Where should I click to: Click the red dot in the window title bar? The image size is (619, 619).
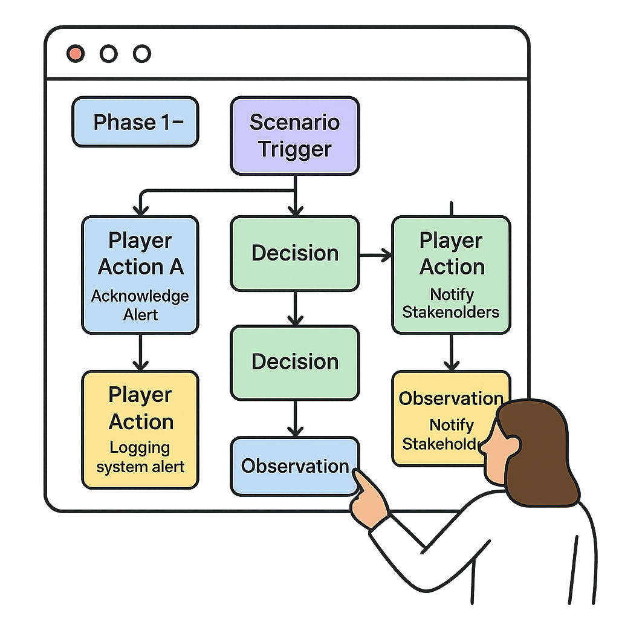pyautogui.click(x=76, y=54)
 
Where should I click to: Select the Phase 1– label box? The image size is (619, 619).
pyautogui.click(x=135, y=122)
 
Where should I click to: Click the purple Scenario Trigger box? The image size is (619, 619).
pyautogui.click(x=294, y=136)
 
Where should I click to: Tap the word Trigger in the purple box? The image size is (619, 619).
pyautogui.click(x=295, y=149)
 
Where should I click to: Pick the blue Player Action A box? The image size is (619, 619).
pyautogui.click(x=140, y=275)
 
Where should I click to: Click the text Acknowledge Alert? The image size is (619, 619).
pyautogui.click(x=140, y=305)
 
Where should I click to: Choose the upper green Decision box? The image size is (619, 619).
pyautogui.click(x=294, y=253)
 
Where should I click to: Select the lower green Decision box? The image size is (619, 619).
pyautogui.click(x=294, y=362)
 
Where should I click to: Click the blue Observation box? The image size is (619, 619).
pyautogui.click(x=294, y=466)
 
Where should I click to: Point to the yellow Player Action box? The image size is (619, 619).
pyautogui.click(x=140, y=429)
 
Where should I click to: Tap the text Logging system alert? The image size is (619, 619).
pyautogui.click(x=140, y=458)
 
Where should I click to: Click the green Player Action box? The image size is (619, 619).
pyautogui.click(x=452, y=275)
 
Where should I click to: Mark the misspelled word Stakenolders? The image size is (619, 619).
pyautogui.click(x=451, y=313)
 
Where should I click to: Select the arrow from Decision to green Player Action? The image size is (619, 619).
pyautogui.click(x=375, y=256)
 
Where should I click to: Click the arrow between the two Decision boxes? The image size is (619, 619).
pyautogui.click(x=294, y=308)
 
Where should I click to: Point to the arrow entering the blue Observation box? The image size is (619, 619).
pyautogui.click(x=294, y=418)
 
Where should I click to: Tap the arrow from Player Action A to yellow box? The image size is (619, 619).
pyautogui.click(x=140, y=352)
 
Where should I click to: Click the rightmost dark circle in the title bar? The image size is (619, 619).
pyautogui.click(x=141, y=54)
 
